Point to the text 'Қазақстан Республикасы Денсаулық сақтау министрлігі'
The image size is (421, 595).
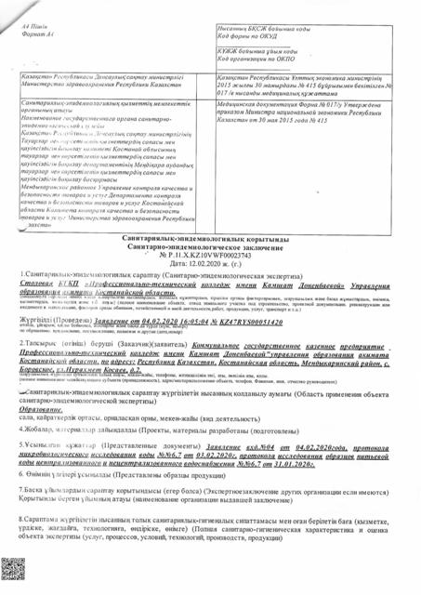click(x=102, y=77)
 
